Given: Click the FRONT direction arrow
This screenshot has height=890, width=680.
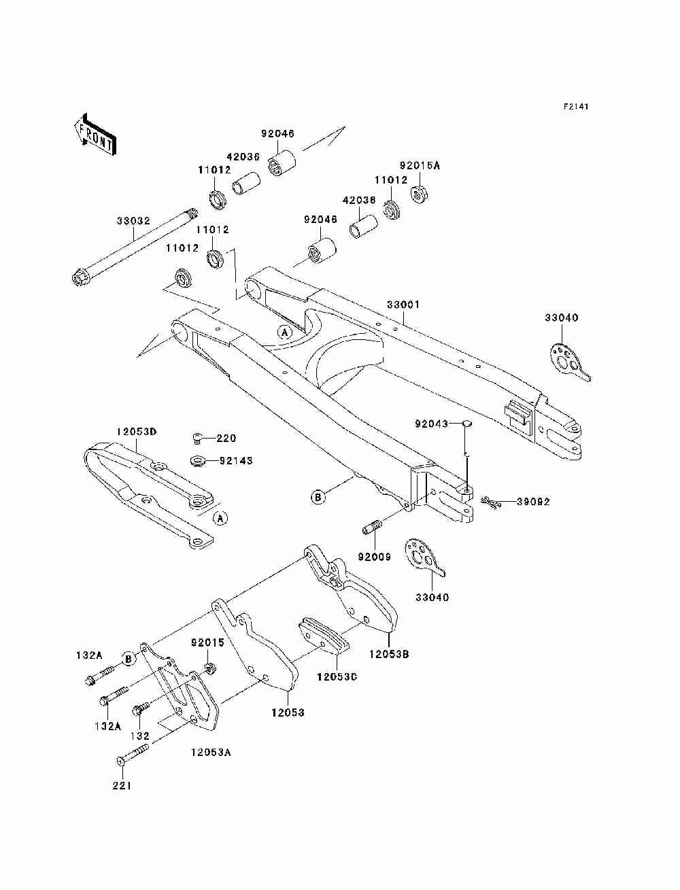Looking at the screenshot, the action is coord(96,134).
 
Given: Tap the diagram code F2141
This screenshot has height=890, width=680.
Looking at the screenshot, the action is coord(575,107).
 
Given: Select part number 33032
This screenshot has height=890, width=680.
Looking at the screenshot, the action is coord(133,220).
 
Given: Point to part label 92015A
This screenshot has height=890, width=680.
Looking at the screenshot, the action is coord(420,165).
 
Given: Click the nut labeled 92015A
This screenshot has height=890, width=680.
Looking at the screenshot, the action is coord(420,194).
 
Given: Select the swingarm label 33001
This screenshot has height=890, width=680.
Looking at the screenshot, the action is coord(403,304).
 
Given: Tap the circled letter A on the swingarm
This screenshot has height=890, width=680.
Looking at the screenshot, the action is coord(285,332).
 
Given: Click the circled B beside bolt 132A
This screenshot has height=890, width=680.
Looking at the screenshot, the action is coord(129,659).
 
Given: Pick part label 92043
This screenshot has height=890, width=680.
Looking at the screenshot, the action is coord(431,424).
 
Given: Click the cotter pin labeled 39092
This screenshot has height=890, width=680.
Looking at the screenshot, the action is coord(492,502).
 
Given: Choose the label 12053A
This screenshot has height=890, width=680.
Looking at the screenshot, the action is coord(211,752).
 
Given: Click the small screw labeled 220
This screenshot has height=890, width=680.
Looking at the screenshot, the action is coord(197,438).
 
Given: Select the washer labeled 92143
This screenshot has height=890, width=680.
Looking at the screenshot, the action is coord(198,461).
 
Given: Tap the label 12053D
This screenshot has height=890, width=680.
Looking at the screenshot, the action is coord(136,432).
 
